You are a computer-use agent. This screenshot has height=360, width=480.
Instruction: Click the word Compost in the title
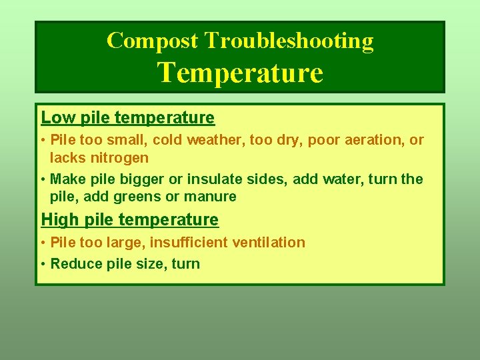click(152, 41)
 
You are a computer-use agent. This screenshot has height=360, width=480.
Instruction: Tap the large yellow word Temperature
click(240, 72)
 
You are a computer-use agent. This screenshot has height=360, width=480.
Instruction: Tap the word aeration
click(371, 140)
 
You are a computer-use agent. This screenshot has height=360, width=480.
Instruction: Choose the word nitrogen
click(119, 158)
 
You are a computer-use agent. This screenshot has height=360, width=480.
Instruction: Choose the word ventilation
click(269, 243)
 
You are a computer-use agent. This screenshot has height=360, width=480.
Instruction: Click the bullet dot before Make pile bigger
click(43, 179)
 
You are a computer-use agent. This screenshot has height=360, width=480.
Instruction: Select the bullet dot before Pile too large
click(43, 243)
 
